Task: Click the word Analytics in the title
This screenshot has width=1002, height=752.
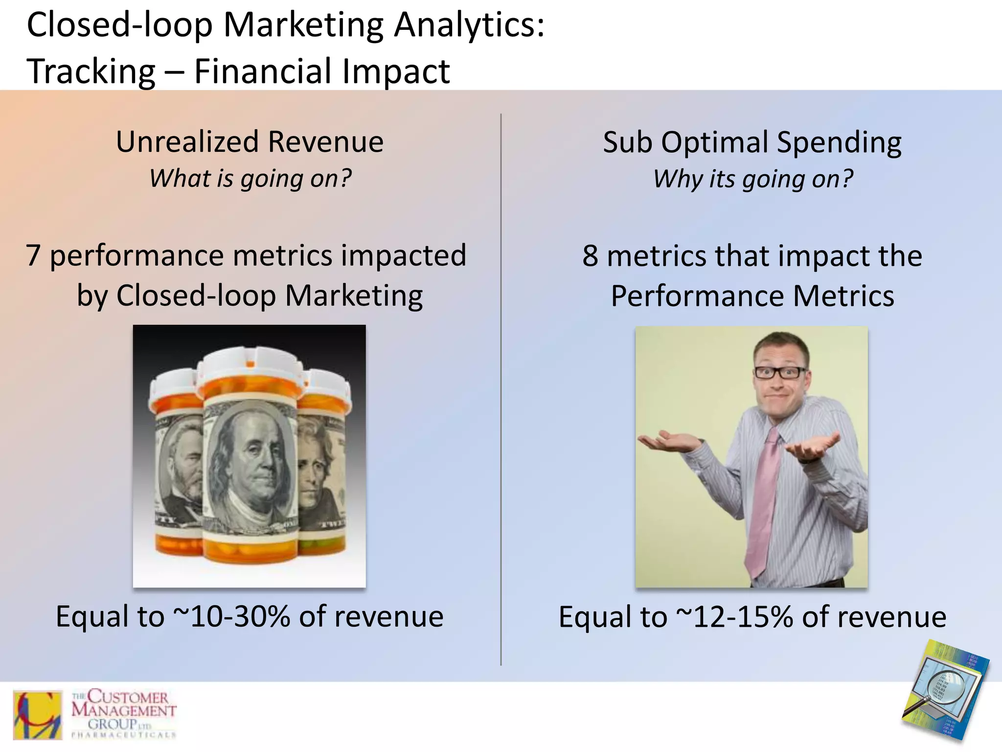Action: coord(468,25)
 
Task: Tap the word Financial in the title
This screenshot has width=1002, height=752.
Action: coord(263,71)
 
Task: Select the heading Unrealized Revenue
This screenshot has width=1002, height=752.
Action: coord(250,142)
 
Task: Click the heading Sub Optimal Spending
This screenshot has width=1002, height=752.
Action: coord(752,142)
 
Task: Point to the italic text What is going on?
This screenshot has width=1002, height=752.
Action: coord(250,178)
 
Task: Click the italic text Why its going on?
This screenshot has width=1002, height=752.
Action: coord(752,179)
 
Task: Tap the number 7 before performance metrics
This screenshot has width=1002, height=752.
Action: coord(33,256)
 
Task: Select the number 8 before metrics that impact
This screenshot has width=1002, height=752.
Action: coord(590,256)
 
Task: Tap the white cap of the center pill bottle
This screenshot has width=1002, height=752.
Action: coord(250,362)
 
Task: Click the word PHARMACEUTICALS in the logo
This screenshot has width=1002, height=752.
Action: coord(123,735)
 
